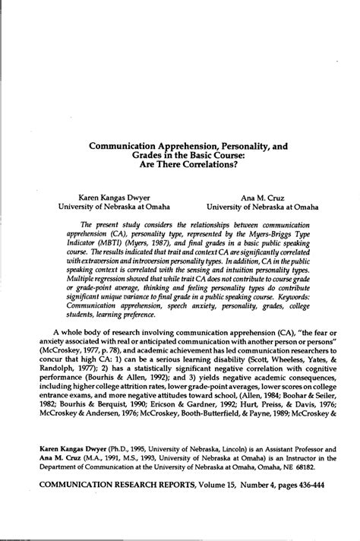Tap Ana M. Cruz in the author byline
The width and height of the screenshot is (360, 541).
pyautogui.click(x=262, y=195)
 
